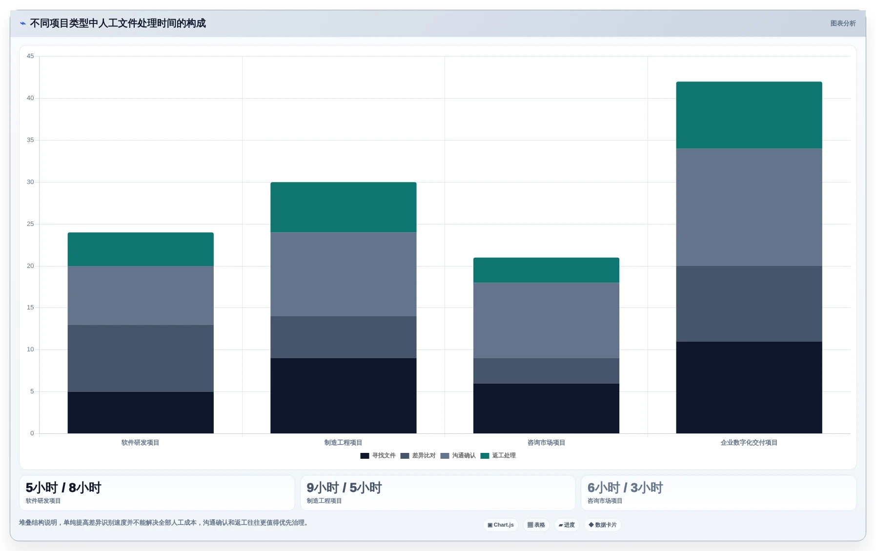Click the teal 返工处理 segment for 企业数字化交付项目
[x=749, y=115]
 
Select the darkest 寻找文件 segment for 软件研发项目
[x=141, y=412]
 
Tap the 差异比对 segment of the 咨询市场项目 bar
[x=546, y=371]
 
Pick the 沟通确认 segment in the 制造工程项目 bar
[x=343, y=274]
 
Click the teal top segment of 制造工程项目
[x=343, y=207]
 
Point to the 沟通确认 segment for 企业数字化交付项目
[x=749, y=207]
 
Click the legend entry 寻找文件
[x=378, y=455]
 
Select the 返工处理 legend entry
[x=498, y=455]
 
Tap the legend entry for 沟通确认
[x=458, y=455]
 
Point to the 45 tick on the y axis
[x=30, y=56]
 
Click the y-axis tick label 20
[x=30, y=266]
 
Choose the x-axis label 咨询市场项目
[x=546, y=443]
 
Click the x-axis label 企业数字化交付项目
[x=749, y=443]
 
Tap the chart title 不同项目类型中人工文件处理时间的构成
[x=118, y=23]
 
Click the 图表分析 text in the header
[x=843, y=23]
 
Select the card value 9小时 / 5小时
[x=344, y=488]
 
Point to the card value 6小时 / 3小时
[x=625, y=488]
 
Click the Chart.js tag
[x=501, y=525]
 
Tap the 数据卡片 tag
[x=603, y=525]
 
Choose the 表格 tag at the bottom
[x=536, y=525]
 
